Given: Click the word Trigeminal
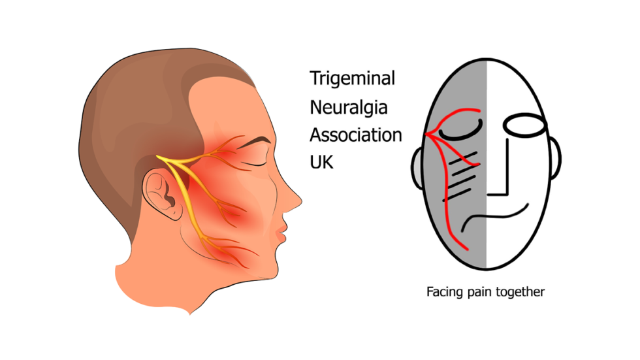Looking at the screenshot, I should [x=353, y=80].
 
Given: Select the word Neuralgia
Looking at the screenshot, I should [x=349, y=107].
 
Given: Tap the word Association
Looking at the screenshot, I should [x=356, y=135].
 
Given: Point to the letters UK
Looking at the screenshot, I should [x=321, y=162].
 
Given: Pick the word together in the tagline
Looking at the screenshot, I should [x=520, y=292].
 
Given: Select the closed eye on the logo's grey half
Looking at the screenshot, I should [x=460, y=132].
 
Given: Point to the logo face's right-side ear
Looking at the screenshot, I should [x=555, y=160].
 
